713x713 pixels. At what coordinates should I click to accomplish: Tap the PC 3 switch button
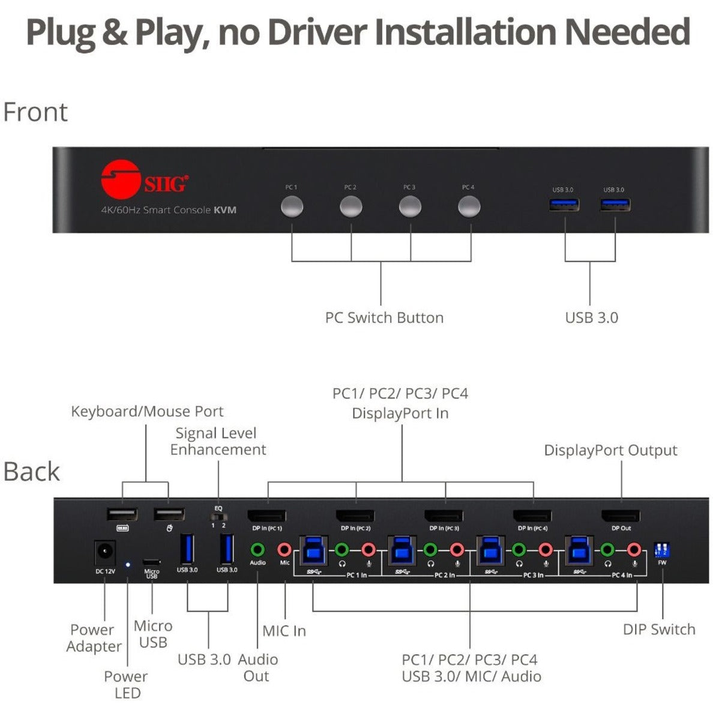[410, 207]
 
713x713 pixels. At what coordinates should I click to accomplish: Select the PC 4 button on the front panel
[469, 207]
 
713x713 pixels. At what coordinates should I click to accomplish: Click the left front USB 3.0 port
[564, 204]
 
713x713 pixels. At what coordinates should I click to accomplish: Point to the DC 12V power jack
[105, 552]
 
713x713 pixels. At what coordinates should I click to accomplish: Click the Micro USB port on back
[152, 562]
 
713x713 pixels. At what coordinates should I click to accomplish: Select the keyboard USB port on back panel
[122, 514]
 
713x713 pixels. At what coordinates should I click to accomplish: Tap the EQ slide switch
[218, 516]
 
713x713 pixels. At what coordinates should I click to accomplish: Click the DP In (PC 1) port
[267, 516]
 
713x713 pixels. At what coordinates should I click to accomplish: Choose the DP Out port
[621, 516]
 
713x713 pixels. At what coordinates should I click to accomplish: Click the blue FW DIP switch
[662, 550]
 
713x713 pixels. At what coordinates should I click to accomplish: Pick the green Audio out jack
[257, 549]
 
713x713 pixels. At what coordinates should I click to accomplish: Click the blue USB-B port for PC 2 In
[402, 550]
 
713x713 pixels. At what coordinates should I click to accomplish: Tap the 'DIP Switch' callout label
[659, 629]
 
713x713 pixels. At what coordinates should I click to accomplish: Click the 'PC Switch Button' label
[384, 317]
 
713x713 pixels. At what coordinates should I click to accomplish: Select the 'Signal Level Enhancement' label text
[217, 441]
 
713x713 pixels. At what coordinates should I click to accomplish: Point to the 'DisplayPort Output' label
[610, 450]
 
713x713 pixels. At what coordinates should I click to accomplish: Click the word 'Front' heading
[35, 112]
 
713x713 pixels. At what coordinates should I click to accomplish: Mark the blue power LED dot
[127, 565]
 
